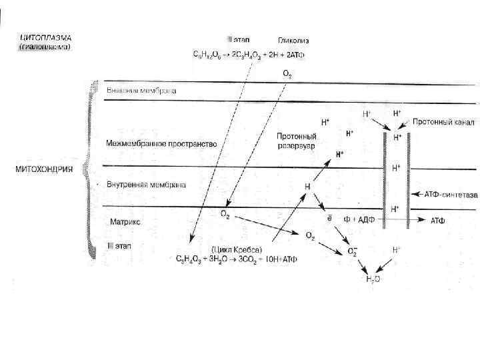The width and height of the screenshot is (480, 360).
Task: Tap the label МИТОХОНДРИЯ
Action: pyautogui.click(x=45, y=168)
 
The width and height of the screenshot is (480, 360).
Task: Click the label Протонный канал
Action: pyautogui.click(x=443, y=122)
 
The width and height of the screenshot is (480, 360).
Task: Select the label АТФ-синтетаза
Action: pyautogui.click(x=451, y=195)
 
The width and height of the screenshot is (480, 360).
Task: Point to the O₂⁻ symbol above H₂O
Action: pyautogui.click(x=354, y=252)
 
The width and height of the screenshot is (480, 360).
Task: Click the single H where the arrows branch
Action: pyautogui.click(x=307, y=187)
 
